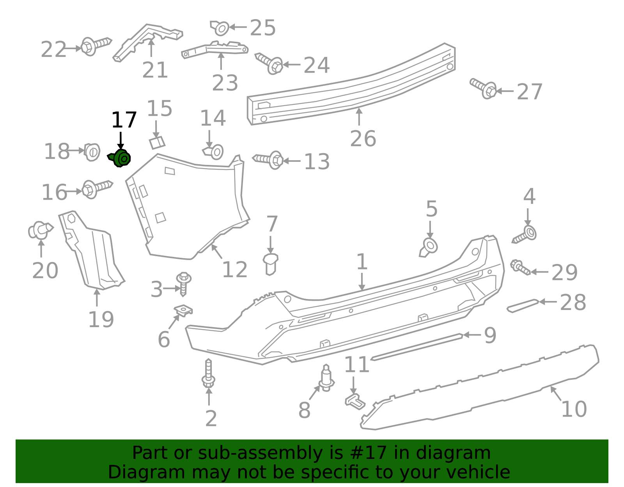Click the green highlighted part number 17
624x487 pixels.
(x=121, y=158)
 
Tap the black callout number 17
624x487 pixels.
(x=124, y=120)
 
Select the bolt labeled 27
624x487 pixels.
(x=484, y=88)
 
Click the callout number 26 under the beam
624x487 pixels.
(x=363, y=139)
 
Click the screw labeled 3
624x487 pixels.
(x=183, y=283)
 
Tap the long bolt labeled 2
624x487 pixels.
(x=209, y=373)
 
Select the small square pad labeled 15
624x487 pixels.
(x=157, y=142)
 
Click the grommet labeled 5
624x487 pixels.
(x=429, y=247)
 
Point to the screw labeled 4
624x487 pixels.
(x=525, y=235)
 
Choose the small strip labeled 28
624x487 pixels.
(x=523, y=306)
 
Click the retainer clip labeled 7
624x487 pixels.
(x=270, y=264)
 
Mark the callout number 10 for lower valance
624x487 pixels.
(x=574, y=409)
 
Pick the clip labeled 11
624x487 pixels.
(x=355, y=402)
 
